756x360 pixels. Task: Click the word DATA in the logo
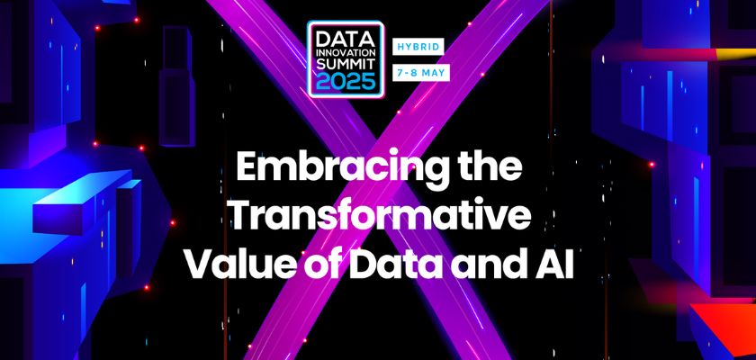[346, 37]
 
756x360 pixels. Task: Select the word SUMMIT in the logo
[346, 64]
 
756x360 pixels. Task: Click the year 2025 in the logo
[346, 81]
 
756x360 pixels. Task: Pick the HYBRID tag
[418, 47]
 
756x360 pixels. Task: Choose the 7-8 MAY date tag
[421, 73]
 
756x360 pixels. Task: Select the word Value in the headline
[236, 264]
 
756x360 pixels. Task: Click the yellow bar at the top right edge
[735, 53]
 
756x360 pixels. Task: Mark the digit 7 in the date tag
[400, 73]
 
